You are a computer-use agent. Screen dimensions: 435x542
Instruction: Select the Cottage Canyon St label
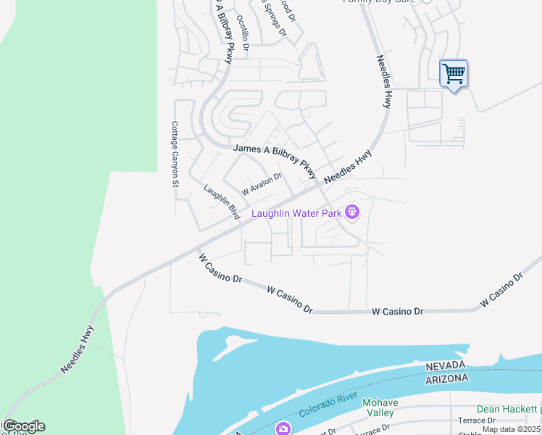(175, 154)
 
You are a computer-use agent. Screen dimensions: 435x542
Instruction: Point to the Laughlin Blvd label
(222, 202)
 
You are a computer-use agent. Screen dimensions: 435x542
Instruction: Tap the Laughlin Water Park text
(297, 213)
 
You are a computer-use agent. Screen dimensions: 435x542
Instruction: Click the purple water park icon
(353, 212)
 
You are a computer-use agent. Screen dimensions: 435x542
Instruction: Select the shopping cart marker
(454, 72)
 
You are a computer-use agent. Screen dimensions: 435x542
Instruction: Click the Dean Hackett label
(507, 410)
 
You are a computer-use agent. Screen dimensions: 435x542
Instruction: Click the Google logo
(23, 426)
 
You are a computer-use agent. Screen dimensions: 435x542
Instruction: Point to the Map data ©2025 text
(511, 429)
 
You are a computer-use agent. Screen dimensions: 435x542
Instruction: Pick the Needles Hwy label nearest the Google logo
(78, 349)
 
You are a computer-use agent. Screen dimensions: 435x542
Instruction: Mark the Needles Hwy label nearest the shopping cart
(383, 82)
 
